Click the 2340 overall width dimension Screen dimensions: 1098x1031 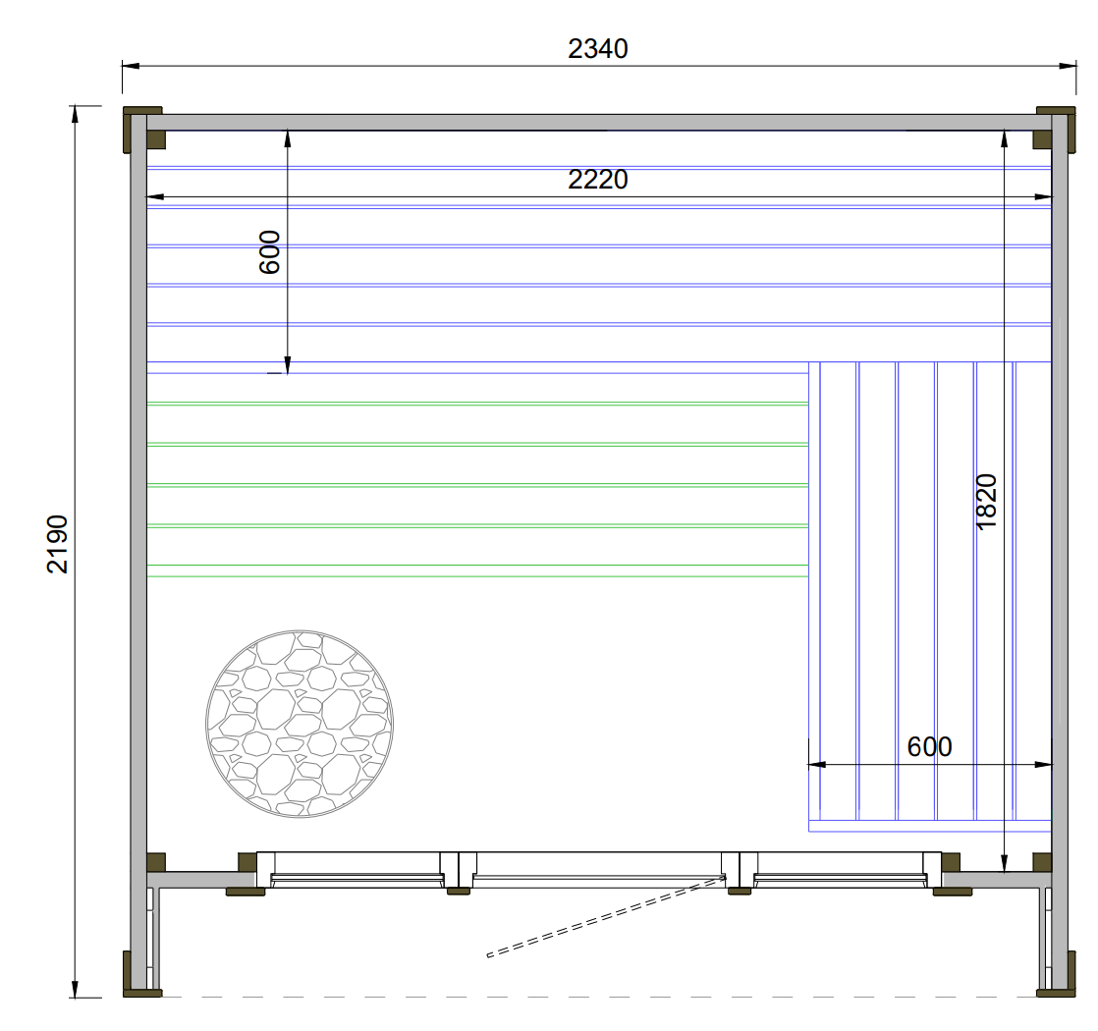[597, 49]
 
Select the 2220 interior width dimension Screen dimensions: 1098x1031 [597, 180]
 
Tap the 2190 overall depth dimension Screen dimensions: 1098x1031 [57, 544]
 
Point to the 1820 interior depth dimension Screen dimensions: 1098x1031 [986, 502]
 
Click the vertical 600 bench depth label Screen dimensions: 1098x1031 [270, 252]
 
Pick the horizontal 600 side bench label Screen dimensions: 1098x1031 [929, 747]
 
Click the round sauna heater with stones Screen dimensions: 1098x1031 [299, 724]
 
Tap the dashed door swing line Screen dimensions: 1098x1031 [606, 916]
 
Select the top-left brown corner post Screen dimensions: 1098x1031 [143, 129]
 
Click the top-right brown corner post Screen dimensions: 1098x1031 [1055, 129]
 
